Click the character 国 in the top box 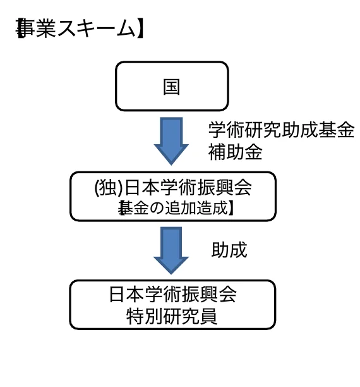pos(171,87)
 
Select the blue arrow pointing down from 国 pos(171,140)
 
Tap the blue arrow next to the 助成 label pos(171,250)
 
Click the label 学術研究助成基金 pos(281,131)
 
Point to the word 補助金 pos(235,152)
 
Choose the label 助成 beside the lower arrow pos(229,250)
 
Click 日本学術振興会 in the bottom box pos(172,295)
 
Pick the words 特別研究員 pos(172,316)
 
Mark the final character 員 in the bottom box pos(209,316)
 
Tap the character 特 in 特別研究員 pos(136,316)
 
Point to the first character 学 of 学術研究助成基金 pos(217,131)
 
